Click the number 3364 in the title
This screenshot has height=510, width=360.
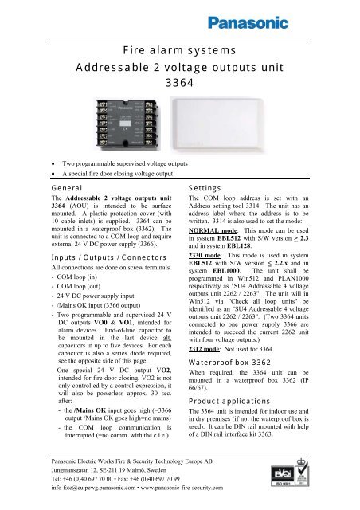tap(179, 82)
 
